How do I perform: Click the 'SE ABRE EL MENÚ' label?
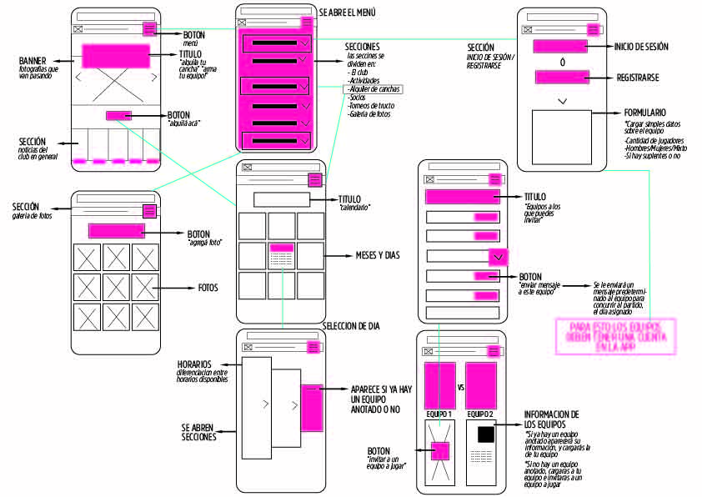pos(348,12)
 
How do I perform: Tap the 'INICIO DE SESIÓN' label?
pos(640,47)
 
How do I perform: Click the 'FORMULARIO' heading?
pos(644,113)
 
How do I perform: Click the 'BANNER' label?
pos(33,60)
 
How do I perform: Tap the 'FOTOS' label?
pos(208,288)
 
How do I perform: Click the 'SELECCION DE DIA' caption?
pos(350,325)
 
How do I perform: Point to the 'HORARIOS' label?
pos(193,364)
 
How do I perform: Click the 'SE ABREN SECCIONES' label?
pos(198,432)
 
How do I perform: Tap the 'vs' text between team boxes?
pos(461,388)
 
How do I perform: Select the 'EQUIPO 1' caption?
pos(439,414)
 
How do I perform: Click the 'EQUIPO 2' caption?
pos(480,414)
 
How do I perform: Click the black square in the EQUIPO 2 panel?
pos(484,434)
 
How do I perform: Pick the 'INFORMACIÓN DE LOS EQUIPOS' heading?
pos(551,419)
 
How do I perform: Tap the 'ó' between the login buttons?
pos(562,62)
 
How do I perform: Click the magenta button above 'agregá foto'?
pos(117,231)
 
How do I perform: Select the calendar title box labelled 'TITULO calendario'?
pos(282,199)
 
